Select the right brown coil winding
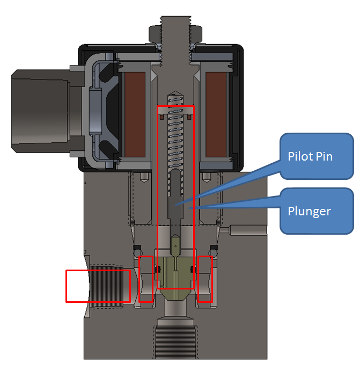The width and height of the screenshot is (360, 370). pyautogui.click(x=217, y=115)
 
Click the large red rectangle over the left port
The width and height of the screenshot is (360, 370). pyautogui.click(x=98, y=286)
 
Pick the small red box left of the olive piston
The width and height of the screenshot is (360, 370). pyautogui.click(x=146, y=279)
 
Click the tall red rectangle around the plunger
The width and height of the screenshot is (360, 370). pyautogui.click(x=175, y=197)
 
